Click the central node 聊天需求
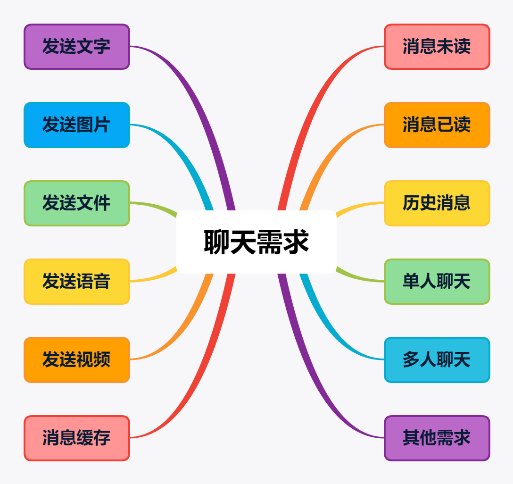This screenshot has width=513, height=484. pyautogui.click(x=256, y=242)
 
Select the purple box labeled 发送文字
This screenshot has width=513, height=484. pyautogui.click(x=77, y=47)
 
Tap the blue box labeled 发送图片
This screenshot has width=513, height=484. pyautogui.click(x=77, y=125)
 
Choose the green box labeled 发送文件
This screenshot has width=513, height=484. pyautogui.click(x=77, y=203)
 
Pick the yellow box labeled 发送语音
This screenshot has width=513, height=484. pyautogui.click(x=77, y=282)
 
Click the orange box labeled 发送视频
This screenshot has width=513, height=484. pyautogui.click(x=77, y=360)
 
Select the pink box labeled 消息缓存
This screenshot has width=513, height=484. pyautogui.click(x=77, y=438)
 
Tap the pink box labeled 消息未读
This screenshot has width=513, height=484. pyautogui.click(x=437, y=47)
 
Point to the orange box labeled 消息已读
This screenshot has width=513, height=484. pyautogui.click(x=437, y=125)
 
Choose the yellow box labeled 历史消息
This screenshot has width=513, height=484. pyautogui.click(x=437, y=203)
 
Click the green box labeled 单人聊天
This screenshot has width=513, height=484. pyautogui.click(x=437, y=282)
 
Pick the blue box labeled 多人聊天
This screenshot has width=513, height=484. pyautogui.click(x=437, y=360)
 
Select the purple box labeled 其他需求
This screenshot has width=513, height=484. pyautogui.click(x=437, y=438)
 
